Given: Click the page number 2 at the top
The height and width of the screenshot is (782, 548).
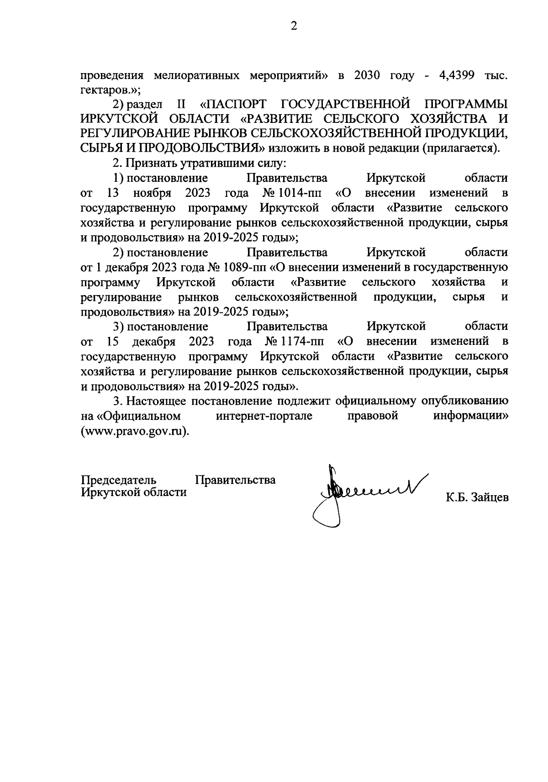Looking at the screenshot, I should [294, 26].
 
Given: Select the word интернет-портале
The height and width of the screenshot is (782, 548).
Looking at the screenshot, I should [264, 416].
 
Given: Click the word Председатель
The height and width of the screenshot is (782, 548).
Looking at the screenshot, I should [119, 480].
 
